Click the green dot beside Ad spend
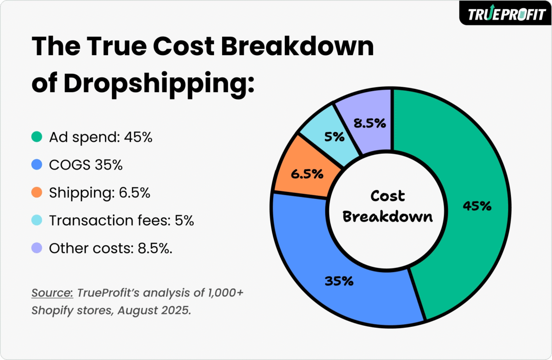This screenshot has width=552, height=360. tap(37, 137)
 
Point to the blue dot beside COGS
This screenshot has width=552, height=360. tap(37, 165)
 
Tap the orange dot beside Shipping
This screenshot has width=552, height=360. tap(37, 193)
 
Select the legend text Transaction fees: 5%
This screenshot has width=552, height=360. tap(121, 221)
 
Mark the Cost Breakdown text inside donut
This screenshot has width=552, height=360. tap(388, 206)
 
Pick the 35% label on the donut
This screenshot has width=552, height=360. tap(339, 281)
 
